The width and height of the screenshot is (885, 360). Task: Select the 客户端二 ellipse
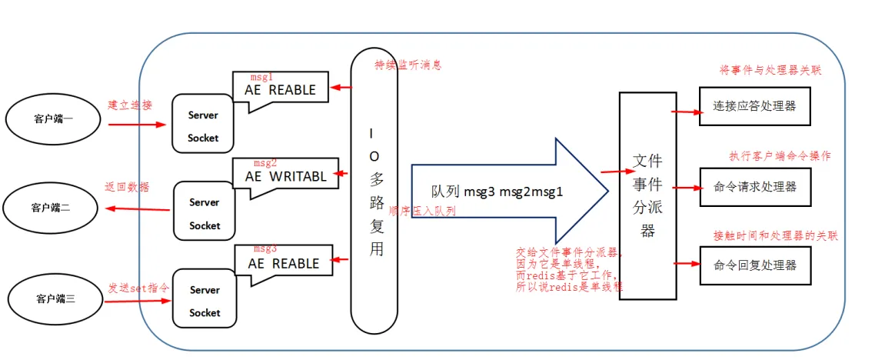tap(52, 207)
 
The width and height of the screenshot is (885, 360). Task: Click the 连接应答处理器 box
tap(755, 106)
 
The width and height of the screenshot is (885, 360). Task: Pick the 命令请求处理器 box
tap(755, 186)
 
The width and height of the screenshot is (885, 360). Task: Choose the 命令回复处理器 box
tap(755, 265)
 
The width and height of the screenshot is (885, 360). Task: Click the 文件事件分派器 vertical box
tap(647, 195)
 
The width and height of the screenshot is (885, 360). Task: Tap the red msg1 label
tap(262, 78)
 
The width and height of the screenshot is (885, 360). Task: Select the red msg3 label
tap(264, 249)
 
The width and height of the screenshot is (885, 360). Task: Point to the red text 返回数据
tap(127, 187)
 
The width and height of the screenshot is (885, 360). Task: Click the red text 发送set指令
tap(138, 287)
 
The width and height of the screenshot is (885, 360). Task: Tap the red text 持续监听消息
tap(408, 65)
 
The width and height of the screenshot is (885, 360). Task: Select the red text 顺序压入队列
tap(422, 211)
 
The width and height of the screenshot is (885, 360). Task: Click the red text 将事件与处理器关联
tap(768, 70)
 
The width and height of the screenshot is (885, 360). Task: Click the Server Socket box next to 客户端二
tap(204, 213)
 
